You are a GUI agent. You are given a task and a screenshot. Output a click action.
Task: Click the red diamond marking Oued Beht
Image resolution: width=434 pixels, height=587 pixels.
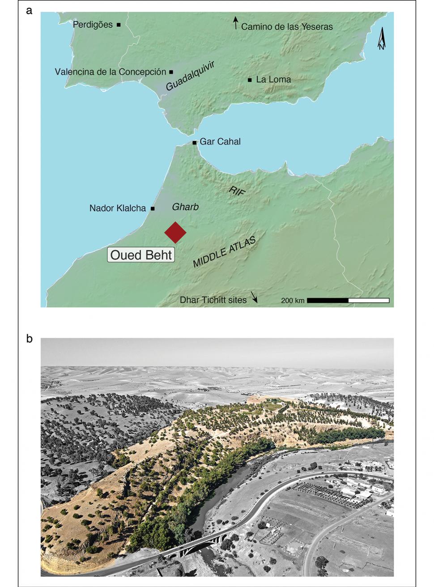tap(175, 232)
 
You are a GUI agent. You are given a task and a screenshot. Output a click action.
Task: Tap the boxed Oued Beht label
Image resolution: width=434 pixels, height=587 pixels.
tap(141, 255)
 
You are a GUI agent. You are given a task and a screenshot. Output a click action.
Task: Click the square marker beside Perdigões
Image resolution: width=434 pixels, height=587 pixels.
tap(119, 25)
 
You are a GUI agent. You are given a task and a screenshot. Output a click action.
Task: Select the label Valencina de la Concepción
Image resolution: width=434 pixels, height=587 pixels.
tap(111, 72)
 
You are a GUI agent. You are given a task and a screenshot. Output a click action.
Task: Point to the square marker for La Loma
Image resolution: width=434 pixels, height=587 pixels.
tap(250, 80)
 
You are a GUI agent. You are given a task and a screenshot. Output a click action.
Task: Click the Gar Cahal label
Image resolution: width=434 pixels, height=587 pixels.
tap(220, 141)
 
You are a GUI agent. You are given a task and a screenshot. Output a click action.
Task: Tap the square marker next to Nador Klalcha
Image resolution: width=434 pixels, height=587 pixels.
tap(153, 208)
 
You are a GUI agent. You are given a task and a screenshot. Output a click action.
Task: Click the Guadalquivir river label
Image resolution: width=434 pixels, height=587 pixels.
tap(190, 76)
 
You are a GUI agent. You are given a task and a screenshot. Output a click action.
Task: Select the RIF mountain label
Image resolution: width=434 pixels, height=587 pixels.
tap(237, 191)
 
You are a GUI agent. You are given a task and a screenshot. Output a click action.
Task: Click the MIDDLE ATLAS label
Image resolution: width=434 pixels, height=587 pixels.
tap(224, 252)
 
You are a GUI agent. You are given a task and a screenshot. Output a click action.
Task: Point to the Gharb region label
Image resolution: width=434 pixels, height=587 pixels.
tap(185, 207)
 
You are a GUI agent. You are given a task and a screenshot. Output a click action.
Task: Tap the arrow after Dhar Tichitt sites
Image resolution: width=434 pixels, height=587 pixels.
tap(254, 298)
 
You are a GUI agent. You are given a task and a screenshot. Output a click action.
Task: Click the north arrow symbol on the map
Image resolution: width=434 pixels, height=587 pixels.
tap(382, 38)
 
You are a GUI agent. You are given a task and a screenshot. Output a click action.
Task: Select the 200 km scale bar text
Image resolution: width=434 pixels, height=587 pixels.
tap(293, 301)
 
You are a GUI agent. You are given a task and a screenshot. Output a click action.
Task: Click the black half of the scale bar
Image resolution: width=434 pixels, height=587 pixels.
tap(328, 300)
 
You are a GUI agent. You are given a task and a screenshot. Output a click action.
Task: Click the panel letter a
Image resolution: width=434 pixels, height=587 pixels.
tap(30, 10)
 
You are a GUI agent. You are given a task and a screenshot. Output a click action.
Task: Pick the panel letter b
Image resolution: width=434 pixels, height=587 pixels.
tap(30, 339)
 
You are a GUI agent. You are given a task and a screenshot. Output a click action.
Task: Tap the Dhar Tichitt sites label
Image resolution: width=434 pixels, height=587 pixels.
tap(213, 300)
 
